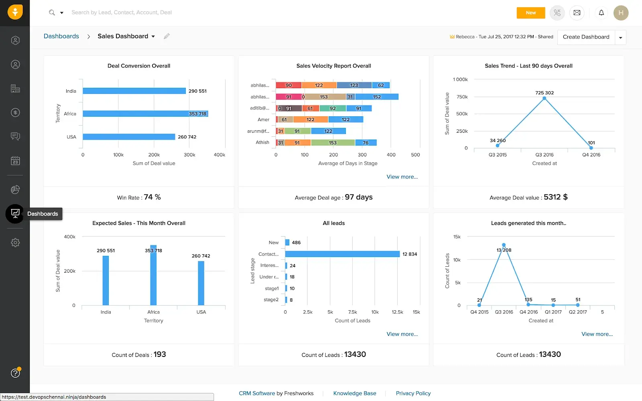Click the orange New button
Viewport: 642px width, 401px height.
(530, 13)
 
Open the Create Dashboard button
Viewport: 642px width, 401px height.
(586, 37)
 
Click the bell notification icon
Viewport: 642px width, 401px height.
(601, 13)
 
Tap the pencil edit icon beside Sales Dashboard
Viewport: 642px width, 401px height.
(167, 36)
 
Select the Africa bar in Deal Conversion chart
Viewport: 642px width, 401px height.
(145, 114)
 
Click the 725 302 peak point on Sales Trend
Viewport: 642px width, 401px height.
(544, 98)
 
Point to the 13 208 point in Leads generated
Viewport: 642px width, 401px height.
(504, 245)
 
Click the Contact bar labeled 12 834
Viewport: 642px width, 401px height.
(342, 254)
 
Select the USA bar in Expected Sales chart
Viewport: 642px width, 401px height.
(201, 283)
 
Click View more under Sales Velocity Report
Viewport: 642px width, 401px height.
(402, 177)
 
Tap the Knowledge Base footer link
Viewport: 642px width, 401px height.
(355, 393)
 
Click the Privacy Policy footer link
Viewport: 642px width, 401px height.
(413, 393)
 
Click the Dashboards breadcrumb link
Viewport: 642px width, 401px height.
(61, 36)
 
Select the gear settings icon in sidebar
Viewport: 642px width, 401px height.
(15, 243)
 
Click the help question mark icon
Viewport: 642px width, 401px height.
(15, 373)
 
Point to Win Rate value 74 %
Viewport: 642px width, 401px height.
(152, 197)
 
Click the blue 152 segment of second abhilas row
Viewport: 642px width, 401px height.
(377, 97)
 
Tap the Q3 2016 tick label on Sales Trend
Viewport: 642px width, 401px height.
(544, 155)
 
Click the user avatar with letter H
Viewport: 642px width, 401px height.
(621, 13)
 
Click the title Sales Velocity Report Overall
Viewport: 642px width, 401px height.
(333, 66)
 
